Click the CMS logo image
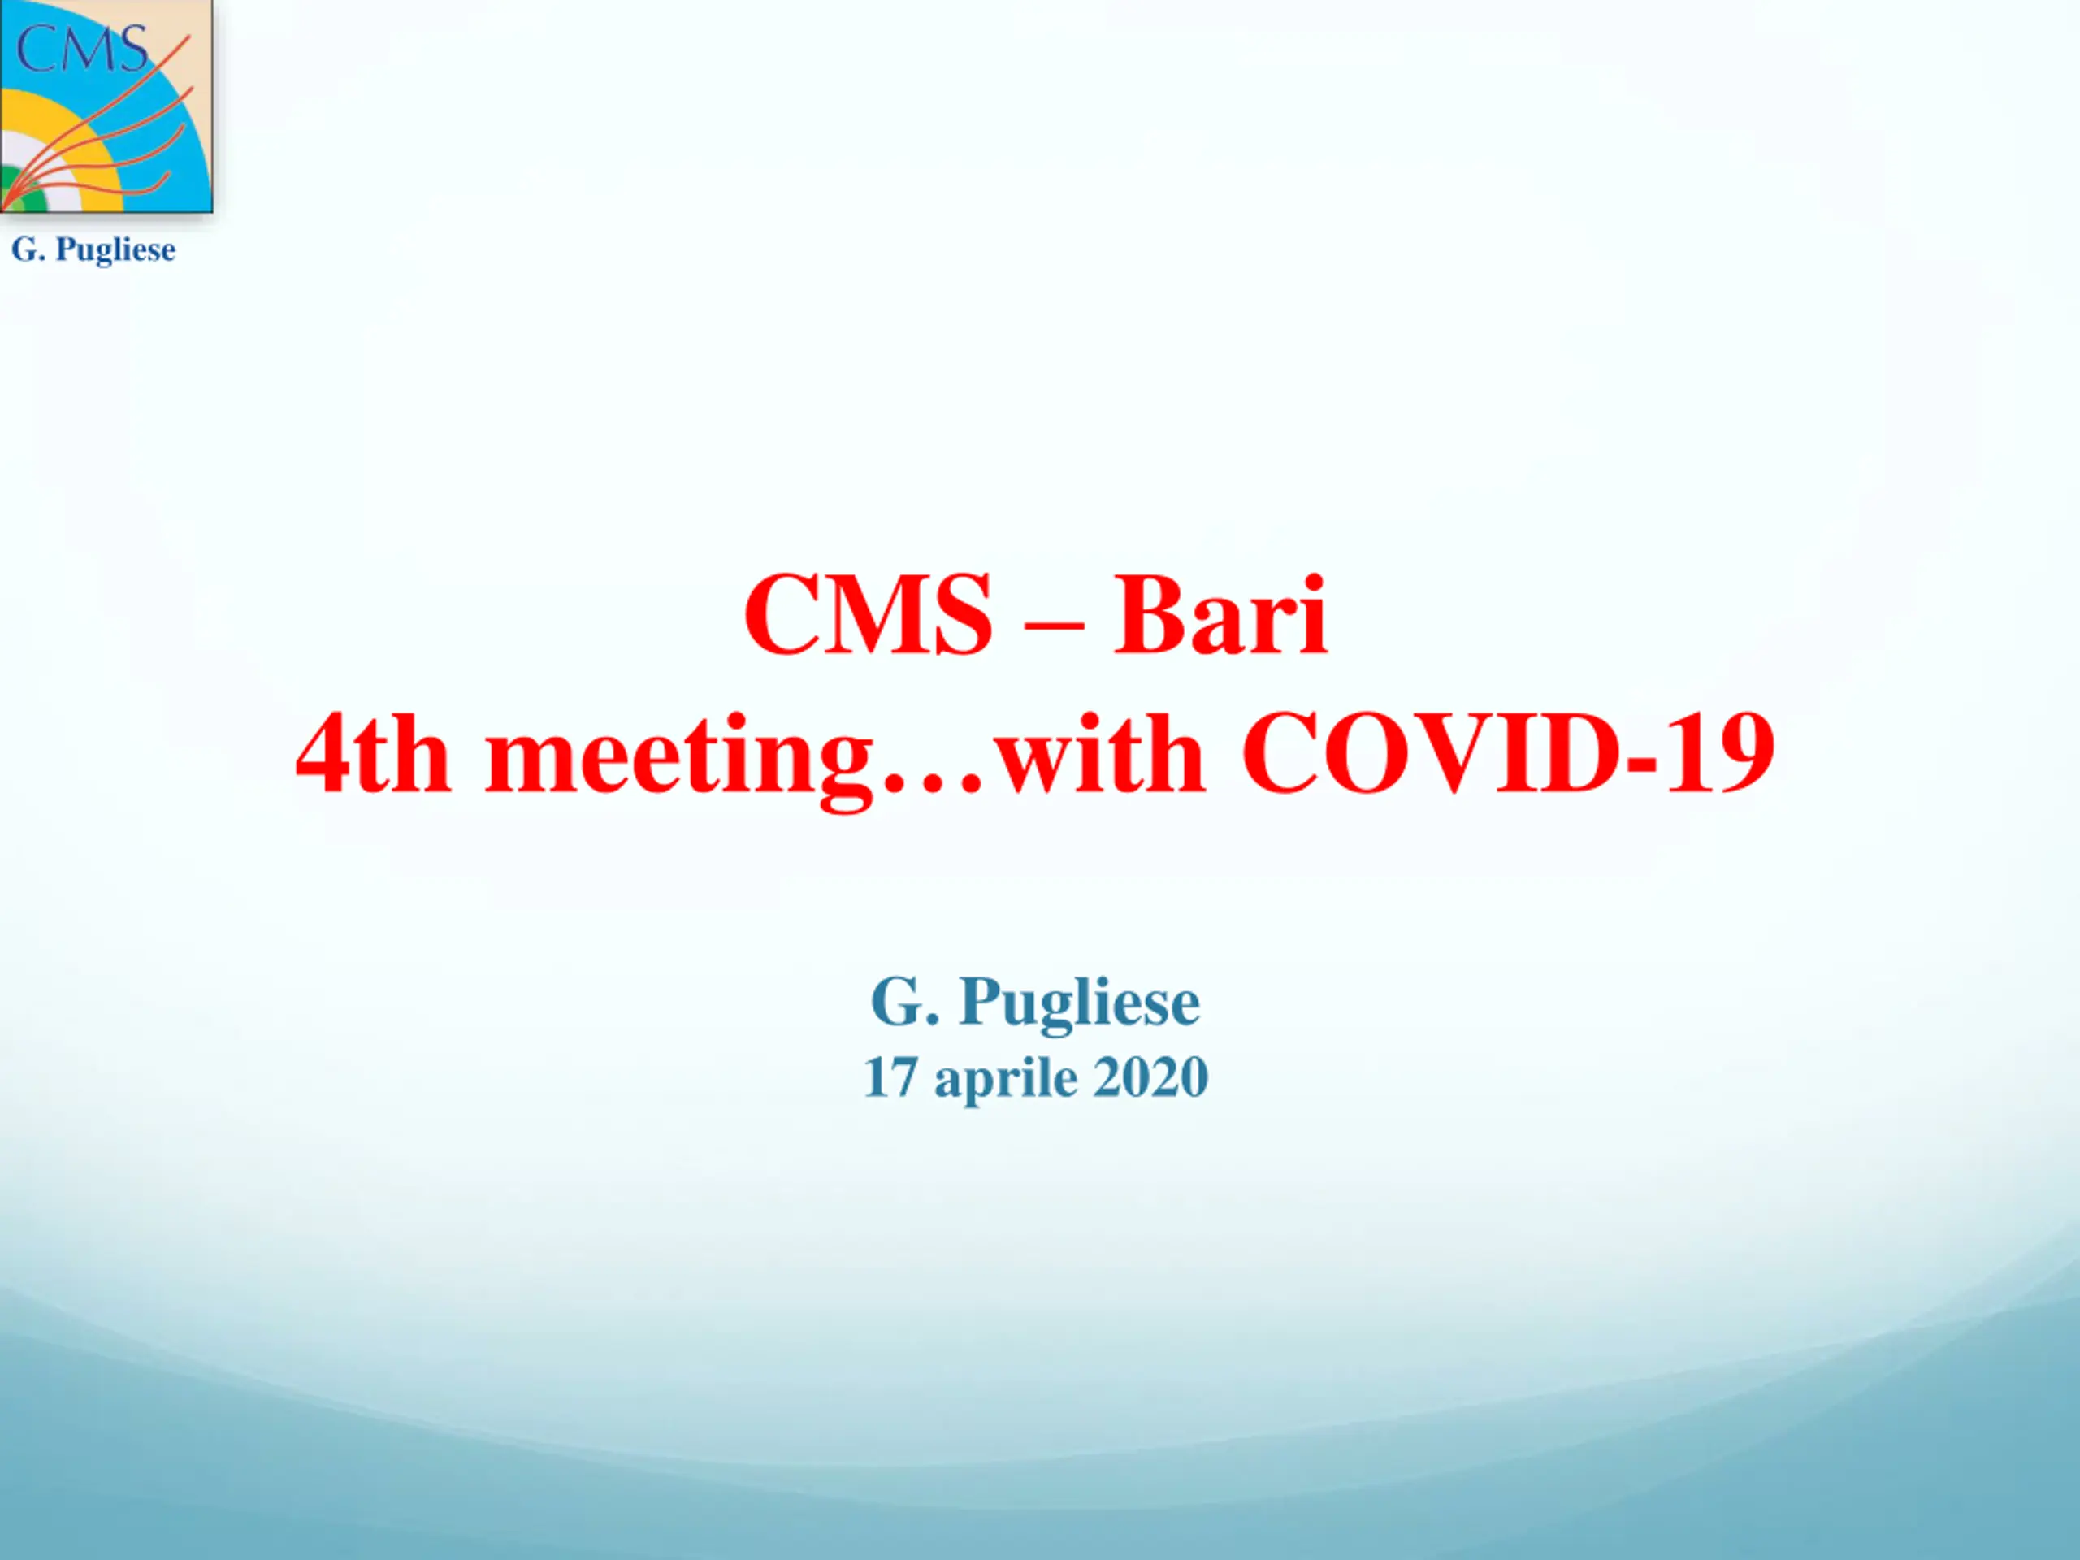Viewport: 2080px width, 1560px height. tap(106, 106)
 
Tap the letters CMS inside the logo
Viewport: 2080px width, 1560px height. tap(83, 49)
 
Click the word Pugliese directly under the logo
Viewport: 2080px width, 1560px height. tap(115, 251)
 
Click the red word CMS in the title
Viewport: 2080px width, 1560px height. tap(868, 615)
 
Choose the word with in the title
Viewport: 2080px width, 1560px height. tap(1099, 753)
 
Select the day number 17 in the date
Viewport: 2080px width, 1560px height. tap(890, 1077)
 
